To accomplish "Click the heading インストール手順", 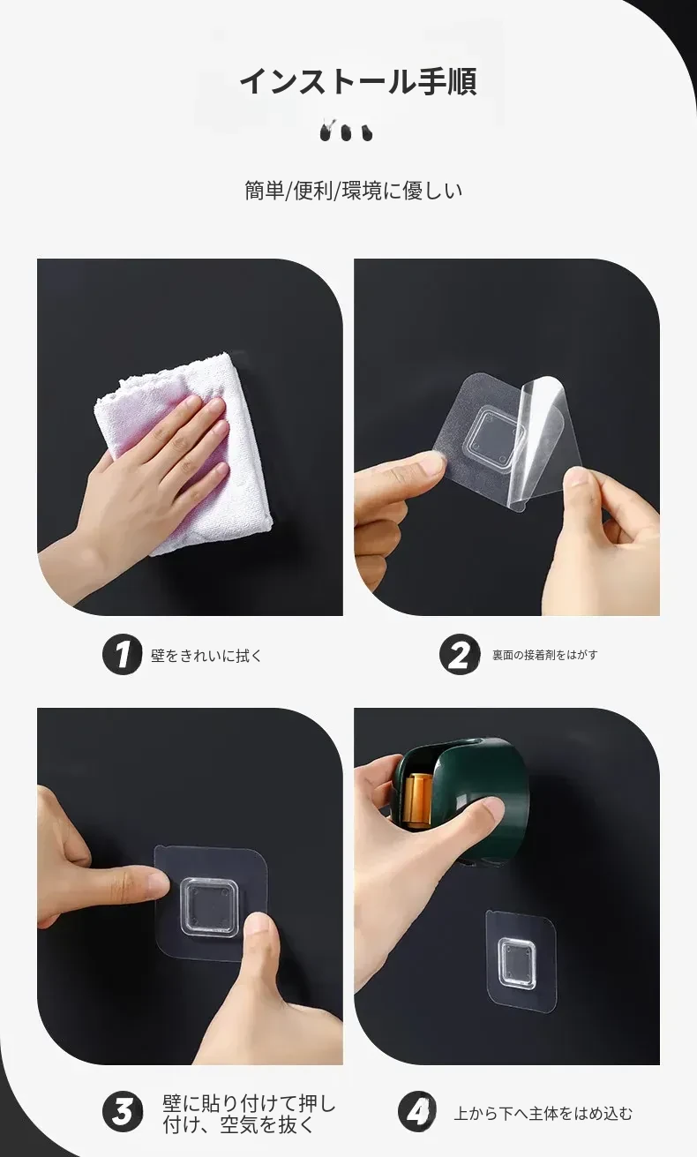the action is click(358, 81).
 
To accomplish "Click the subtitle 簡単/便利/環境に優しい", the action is click(353, 191).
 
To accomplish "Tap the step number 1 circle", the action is click(122, 655).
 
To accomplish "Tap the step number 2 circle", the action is click(460, 655).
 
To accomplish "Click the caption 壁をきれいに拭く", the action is click(206, 656).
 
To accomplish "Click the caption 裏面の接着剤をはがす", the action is click(544, 655).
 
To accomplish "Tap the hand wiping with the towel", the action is click(150, 480).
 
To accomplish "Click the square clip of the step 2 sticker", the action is click(496, 432).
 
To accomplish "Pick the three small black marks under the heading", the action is click(347, 131).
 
